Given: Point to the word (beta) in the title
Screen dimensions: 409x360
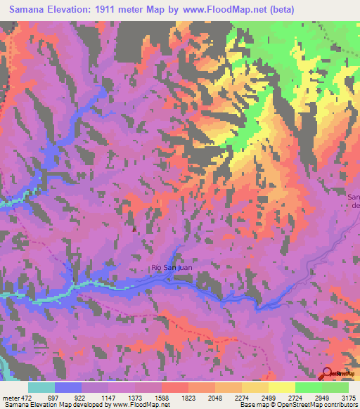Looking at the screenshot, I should point(279,8).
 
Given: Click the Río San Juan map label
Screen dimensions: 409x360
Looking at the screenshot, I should point(172,268).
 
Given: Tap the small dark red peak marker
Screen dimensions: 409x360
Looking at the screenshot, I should point(134,227).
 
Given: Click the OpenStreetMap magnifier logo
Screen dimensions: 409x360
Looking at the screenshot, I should point(326,375).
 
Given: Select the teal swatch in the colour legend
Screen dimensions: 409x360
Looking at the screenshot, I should point(41,388).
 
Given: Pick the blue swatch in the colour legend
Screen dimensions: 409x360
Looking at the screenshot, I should point(68,388).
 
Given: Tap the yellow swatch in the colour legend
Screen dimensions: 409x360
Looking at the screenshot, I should point(281,388).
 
